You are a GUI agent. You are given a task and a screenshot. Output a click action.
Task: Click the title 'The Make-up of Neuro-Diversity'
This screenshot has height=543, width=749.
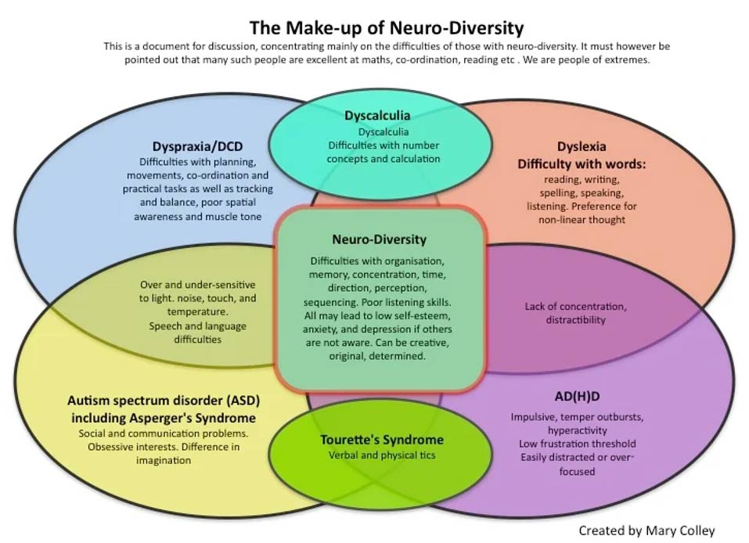tap(385, 28)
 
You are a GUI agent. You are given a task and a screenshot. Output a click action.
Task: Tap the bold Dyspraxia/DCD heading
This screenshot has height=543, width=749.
tap(200, 146)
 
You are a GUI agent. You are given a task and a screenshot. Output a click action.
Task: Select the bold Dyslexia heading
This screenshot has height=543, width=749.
tap(581, 146)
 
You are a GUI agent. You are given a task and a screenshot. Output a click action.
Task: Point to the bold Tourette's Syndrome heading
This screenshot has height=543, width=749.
tap(382, 439)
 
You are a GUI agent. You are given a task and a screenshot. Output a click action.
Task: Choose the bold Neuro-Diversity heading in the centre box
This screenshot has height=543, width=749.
tap(379, 239)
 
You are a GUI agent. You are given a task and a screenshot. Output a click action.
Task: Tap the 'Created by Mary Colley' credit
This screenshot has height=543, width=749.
tap(646, 530)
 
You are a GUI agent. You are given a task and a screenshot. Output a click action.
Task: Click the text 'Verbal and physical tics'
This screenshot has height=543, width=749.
tap(382, 455)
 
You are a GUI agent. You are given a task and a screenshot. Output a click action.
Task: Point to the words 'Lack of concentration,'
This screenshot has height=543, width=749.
tap(576, 306)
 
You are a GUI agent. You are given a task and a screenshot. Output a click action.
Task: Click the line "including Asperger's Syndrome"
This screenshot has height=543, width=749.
tap(164, 417)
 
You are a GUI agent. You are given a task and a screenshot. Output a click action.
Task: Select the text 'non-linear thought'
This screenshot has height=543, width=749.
tap(581, 220)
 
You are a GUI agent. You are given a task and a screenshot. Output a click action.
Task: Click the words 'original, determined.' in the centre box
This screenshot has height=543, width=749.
tap(379, 356)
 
